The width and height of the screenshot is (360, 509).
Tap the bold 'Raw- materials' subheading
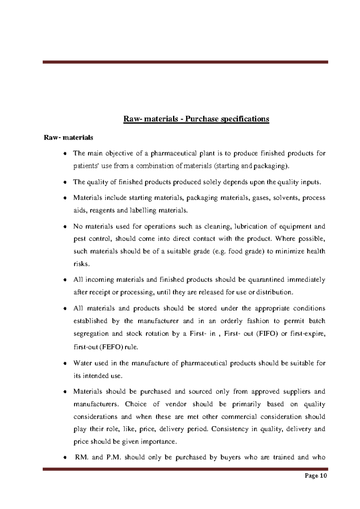pyautogui.click(x=68, y=138)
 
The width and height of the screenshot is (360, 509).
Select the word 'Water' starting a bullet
pyautogui.click(x=82, y=363)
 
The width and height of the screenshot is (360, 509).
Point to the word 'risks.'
pyautogui.click(x=81, y=264)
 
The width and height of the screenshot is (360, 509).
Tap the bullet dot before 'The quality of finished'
pyautogui.click(x=65, y=183)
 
